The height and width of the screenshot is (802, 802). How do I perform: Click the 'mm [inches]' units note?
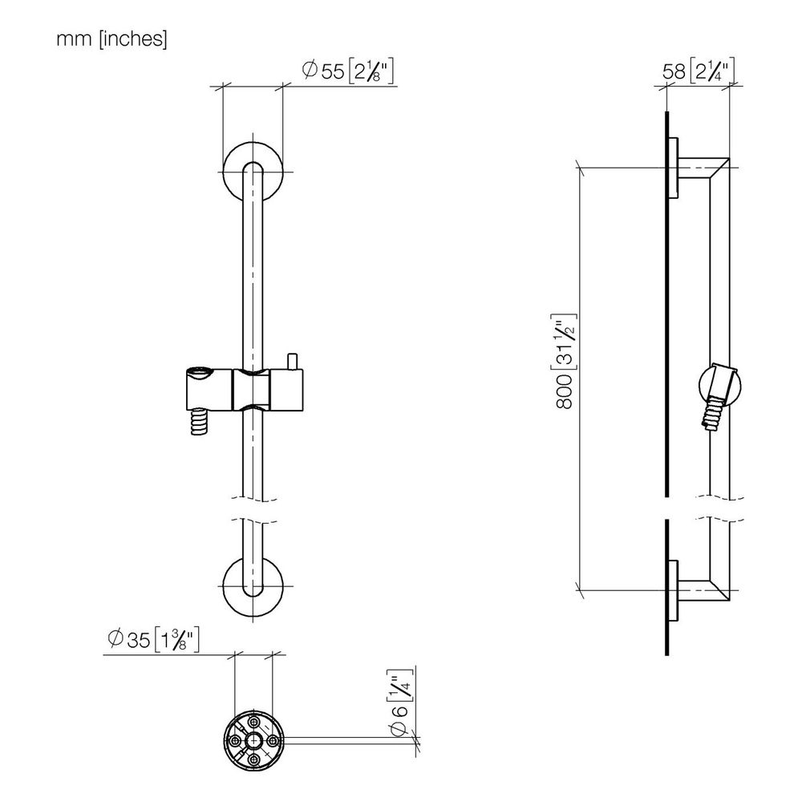coord(111,38)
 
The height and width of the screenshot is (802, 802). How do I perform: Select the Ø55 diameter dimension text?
coord(348,71)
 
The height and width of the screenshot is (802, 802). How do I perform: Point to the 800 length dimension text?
coord(564,361)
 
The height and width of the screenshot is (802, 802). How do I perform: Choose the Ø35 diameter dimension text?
coord(153,639)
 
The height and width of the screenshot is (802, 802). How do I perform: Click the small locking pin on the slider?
coord(293,361)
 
